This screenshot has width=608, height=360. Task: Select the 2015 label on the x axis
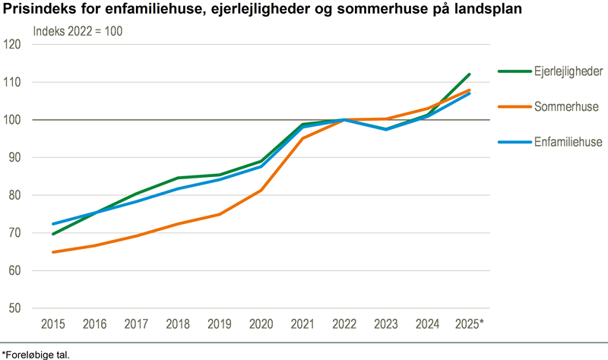coord(52,324)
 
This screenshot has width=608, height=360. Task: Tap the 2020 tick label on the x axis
coord(261,324)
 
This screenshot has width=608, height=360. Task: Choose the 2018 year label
coord(177,324)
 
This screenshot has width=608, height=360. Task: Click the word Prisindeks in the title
coord(36,11)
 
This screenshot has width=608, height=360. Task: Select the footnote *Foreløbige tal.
coord(40,353)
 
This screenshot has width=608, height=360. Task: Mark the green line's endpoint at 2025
coord(470,74)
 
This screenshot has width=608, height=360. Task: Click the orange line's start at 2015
coord(53,252)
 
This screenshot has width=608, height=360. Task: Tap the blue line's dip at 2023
coord(386,129)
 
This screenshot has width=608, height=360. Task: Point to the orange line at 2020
coord(261,190)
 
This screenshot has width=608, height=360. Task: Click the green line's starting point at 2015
coord(53,234)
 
